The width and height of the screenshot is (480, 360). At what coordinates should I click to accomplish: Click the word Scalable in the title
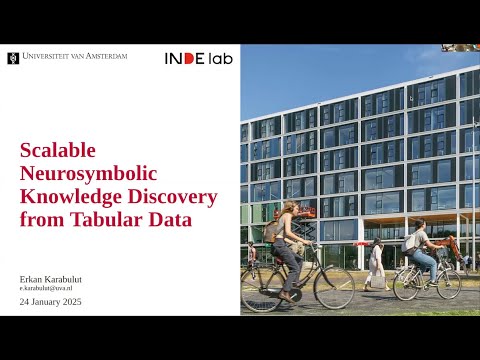pos(58,150)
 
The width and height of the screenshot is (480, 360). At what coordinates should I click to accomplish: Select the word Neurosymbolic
pos(85,172)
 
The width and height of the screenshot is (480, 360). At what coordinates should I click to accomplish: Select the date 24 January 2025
pos(51,301)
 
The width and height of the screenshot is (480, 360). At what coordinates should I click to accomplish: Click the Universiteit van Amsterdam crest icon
pos(12,57)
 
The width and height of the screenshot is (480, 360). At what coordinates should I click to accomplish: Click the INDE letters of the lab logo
pos(185,58)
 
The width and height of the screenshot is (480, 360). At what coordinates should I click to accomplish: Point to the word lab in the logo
pos(220,58)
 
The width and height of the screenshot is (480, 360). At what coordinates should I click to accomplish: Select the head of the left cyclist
pos(292,208)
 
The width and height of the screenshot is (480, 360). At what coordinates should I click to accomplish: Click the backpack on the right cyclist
pos(409,242)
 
